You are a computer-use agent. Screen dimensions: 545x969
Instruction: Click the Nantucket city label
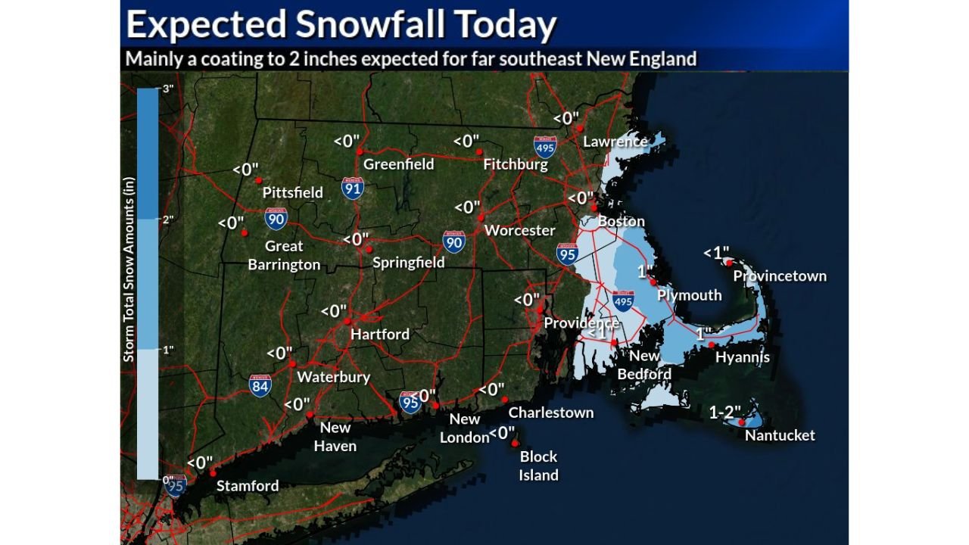pyautogui.click(x=780, y=435)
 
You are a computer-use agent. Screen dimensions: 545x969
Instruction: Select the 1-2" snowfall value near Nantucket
pyautogui.click(x=724, y=413)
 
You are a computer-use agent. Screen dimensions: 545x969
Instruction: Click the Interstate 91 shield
pyautogui.click(x=352, y=188)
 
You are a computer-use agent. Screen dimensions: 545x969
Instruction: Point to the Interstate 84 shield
pyautogui.click(x=260, y=386)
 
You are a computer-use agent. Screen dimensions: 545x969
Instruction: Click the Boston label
pyautogui.click(x=621, y=222)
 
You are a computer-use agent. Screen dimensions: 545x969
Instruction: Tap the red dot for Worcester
pyautogui.click(x=481, y=217)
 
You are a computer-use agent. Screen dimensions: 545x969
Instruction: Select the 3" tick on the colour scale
pyautogui.click(x=167, y=89)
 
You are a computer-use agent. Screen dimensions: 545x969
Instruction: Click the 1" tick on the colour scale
pyautogui.click(x=167, y=350)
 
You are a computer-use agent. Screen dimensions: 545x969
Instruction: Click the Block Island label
pyautogui.click(x=539, y=466)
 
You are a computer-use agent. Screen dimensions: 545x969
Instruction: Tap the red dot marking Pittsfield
pyautogui.click(x=258, y=180)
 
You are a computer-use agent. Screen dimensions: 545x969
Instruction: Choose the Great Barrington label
pyautogui.click(x=284, y=255)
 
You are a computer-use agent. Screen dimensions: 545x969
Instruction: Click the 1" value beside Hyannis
pyautogui.click(x=704, y=333)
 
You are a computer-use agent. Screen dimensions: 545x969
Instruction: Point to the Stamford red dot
pyautogui.click(x=213, y=472)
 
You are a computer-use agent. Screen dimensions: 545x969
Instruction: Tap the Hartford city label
pyautogui.click(x=379, y=334)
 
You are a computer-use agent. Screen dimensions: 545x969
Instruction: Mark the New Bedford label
pyautogui.click(x=644, y=365)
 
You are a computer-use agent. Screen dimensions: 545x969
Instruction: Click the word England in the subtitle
pyautogui.click(x=661, y=58)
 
